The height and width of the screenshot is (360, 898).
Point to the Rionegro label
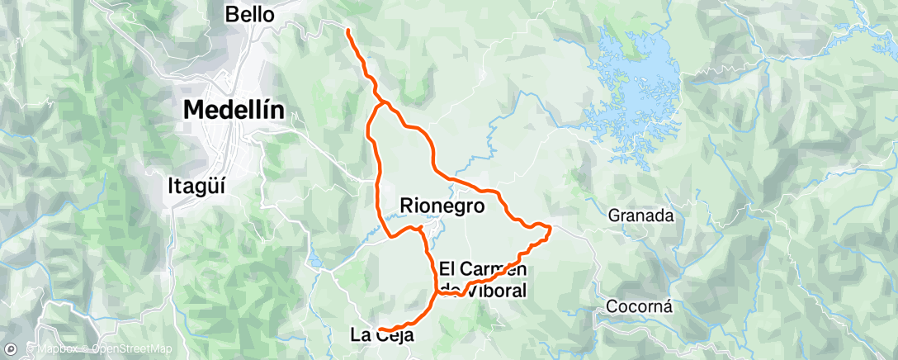[442, 204]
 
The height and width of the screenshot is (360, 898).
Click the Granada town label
[641, 216]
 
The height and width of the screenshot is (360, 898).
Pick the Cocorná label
[639, 306]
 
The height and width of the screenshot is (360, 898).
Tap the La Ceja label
[380, 335]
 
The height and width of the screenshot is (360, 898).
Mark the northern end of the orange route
[347, 31]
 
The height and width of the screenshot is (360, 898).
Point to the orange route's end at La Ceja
[380, 331]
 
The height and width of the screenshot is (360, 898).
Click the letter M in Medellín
[193, 110]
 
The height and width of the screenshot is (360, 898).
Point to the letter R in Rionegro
[407, 204]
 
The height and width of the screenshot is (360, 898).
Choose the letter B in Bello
[231, 14]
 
